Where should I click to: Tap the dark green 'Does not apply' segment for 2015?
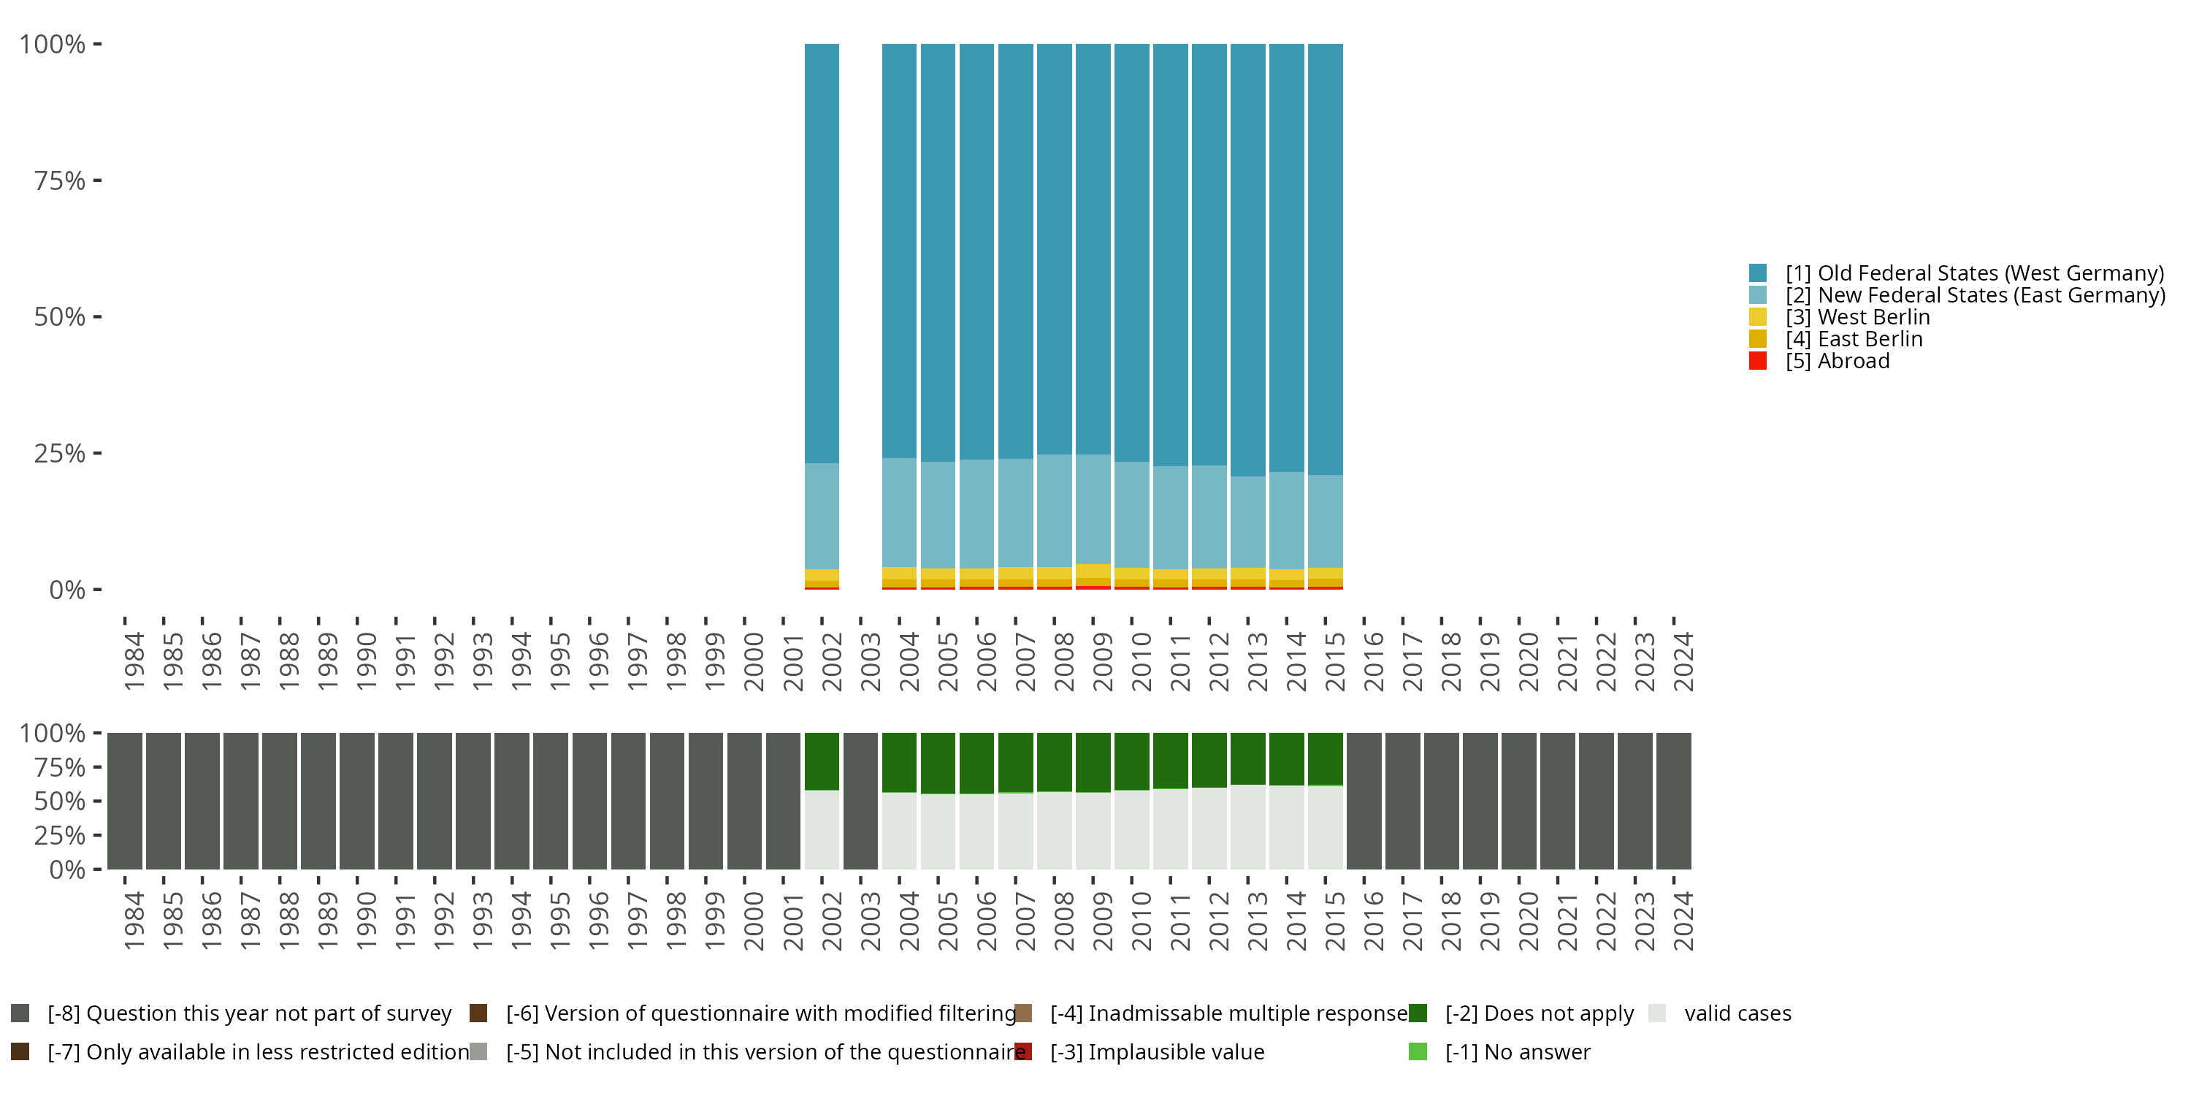[x=1325, y=757]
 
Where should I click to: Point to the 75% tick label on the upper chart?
[x=60, y=180]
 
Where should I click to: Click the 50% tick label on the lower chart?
[x=60, y=802]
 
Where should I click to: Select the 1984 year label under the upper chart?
[x=134, y=661]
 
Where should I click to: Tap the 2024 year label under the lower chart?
[x=1683, y=921]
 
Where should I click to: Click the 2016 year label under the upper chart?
[x=1373, y=661]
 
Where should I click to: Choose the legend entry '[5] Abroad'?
[x=1838, y=361]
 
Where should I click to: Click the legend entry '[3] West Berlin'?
[x=1857, y=316]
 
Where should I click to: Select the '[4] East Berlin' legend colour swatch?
[x=1758, y=339]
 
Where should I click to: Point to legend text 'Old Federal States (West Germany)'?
[x=1990, y=273]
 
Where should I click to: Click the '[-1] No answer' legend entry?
[x=1518, y=1051]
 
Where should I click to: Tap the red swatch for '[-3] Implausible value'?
[x=1023, y=1051]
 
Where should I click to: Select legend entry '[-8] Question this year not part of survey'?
[x=249, y=1013]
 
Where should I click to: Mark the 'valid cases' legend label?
[x=1737, y=1013]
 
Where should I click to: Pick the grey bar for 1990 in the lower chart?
[x=357, y=801]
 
